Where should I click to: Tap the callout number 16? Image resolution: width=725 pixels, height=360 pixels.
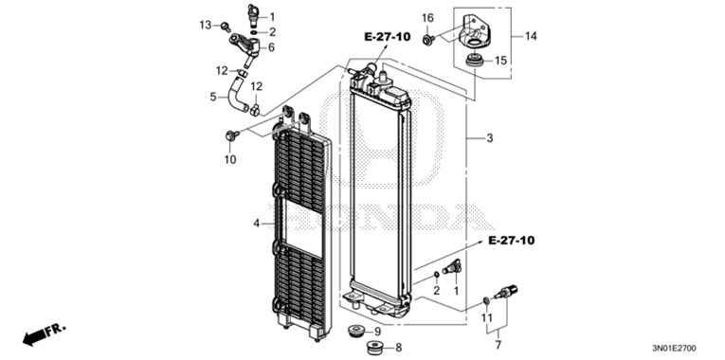(x=426, y=18)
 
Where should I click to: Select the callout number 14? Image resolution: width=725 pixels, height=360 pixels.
(x=531, y=36)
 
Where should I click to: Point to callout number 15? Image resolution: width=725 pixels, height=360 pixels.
(x=501, y=60)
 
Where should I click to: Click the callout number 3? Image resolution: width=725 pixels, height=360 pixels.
(x=489, y=139)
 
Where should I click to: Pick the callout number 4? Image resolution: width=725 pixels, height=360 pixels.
(x=256, y=224)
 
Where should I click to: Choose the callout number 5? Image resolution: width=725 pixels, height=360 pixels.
(x=213, y=96)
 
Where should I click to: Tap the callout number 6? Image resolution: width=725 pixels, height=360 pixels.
(x=271, y=46)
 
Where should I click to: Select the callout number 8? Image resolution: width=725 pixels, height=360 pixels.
(x=399, y=348)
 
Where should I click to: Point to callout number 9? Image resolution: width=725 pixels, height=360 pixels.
(x=376, y=332)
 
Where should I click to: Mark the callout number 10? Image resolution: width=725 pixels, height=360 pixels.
(x=229, y=159)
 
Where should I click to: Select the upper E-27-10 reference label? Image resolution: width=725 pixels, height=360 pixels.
(x=387, y=36)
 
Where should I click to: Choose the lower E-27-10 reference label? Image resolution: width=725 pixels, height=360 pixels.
(x=512, y=242)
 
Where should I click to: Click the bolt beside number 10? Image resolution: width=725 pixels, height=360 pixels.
(x=229, y=138)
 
